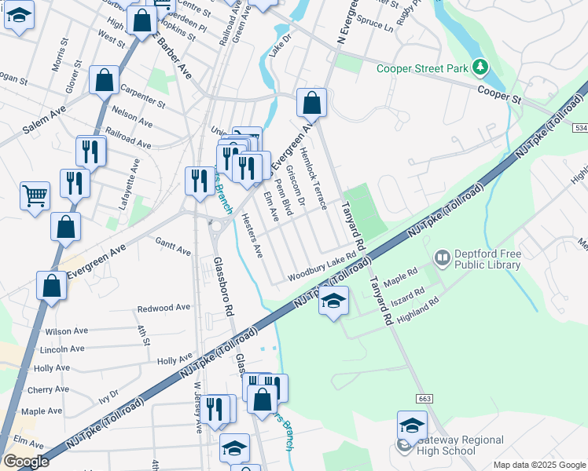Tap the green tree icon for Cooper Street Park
coord(479,68)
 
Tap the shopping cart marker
coord(34,196)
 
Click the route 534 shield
coord(581,126)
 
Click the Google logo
coord(26,462)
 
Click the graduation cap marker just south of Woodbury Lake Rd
coord(333,301)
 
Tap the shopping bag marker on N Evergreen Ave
coord(312,102)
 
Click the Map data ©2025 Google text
coord(539,465)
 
